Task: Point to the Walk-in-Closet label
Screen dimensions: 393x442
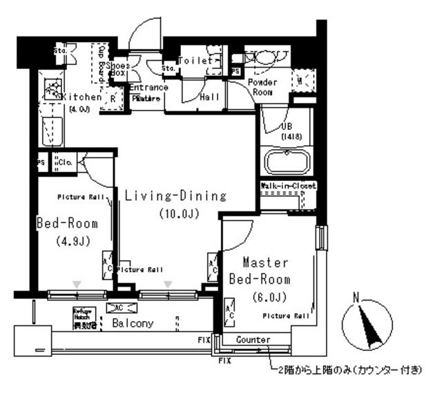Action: tap(289, 186)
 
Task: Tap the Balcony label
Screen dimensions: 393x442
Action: tap(128, 323)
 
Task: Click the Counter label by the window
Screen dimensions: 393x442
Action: tap(252, 340)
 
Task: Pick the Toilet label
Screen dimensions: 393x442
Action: tap(195, 61)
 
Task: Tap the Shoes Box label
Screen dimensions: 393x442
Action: tap(118, 68)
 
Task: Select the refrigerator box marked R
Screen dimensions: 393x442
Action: tap(113, 99)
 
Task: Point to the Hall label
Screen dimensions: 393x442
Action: tap(209, 97)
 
